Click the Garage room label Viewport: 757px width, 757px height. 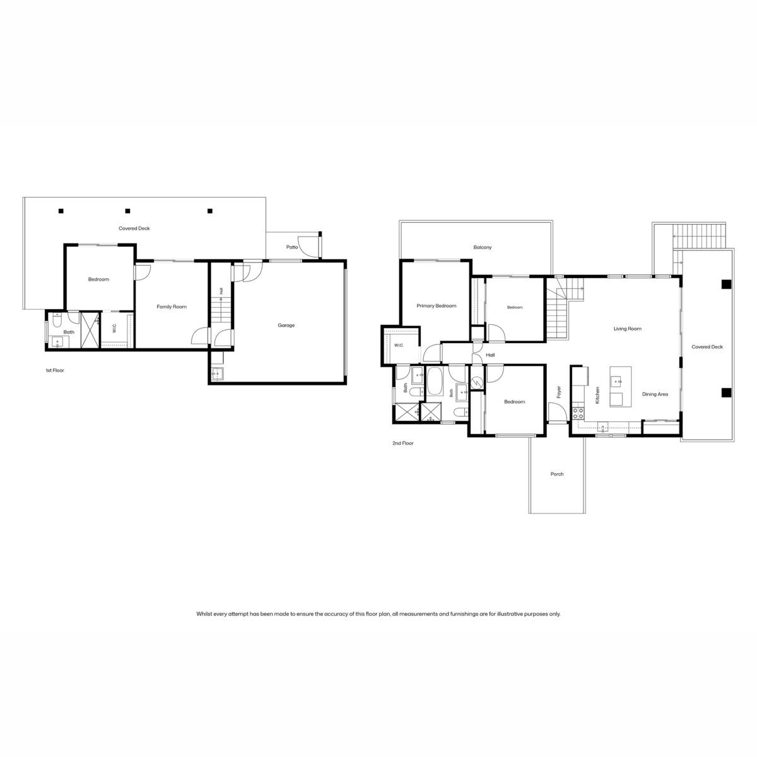pos(286,326)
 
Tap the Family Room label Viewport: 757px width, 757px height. pos(172,307)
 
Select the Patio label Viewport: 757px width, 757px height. pos(292,247)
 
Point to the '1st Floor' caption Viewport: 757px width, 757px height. pos(55,370)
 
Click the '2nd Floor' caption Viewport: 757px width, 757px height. pos(403,443)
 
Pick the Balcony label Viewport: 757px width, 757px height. pos(483,247)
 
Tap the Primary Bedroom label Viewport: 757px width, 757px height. pos(437,305)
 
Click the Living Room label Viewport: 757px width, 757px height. pos(627,329)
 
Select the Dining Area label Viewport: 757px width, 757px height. pos(655,394)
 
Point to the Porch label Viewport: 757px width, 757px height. pos(557,474)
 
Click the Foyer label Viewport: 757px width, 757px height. pos(559,392)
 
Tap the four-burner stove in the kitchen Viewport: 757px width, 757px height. pos(578,413)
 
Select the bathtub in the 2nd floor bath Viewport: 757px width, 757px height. pos(435,381)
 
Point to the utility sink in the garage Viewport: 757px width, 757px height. pos(217,373)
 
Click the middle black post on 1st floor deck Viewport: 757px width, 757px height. pos(127,211)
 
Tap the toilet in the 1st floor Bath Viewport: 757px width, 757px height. pos(57,320)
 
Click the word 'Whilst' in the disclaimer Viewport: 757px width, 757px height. pos(204,614)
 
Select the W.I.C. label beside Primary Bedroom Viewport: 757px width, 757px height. pos(399,345)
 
